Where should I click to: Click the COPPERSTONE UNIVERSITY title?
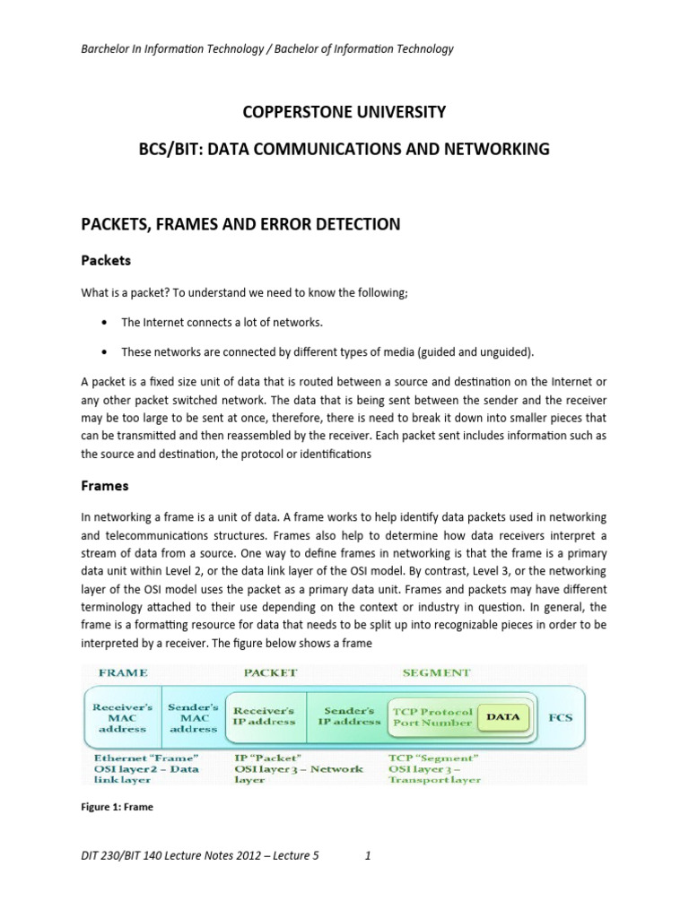pos(344,113)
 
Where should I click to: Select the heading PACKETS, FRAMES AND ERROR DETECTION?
pos(240,224)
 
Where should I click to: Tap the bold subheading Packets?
pos(106,261)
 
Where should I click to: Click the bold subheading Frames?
pos(105,486)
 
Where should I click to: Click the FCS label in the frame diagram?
pos(560,717)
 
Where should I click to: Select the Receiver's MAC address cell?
pos(123,717)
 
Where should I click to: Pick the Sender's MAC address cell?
pos(194,717)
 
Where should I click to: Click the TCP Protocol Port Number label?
pos(432,717)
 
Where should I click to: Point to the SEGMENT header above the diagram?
pos(437,671)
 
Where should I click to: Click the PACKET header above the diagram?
pos(270,671)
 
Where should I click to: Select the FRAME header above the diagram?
pos(123,671)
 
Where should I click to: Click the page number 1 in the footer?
pos(368,856)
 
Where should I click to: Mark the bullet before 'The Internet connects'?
pos(106,322)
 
